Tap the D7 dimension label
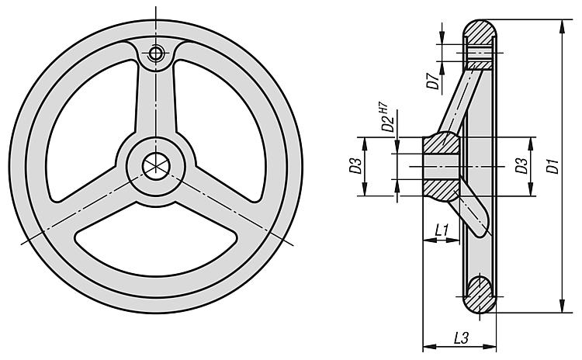434,81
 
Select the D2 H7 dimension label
386,117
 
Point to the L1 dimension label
442,230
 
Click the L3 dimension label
461,338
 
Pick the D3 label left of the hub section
355,165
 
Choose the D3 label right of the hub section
521,165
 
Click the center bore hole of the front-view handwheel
156,166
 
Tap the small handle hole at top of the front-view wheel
156,54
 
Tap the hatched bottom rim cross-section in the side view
480,295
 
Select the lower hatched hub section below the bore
442,189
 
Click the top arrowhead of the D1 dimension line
563,26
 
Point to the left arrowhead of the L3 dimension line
429,347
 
